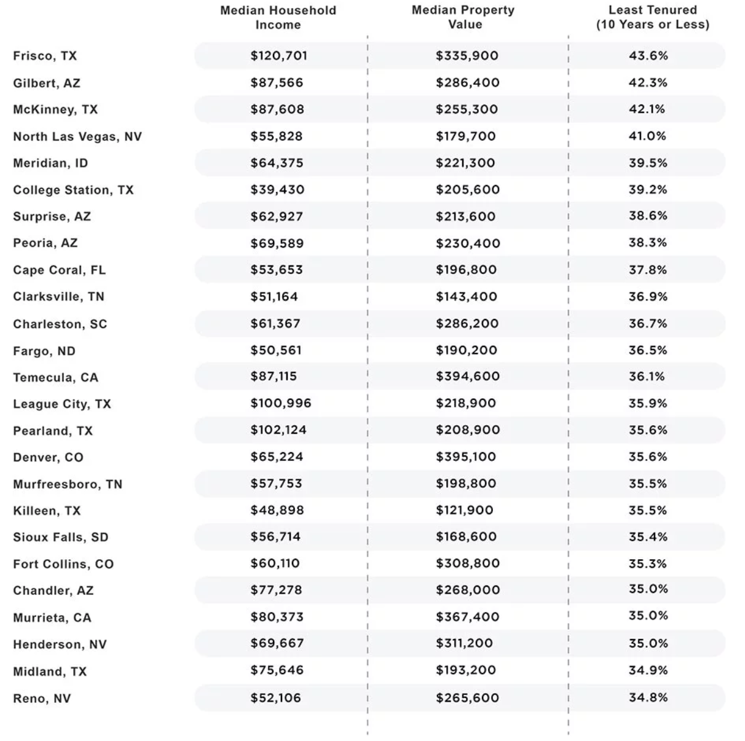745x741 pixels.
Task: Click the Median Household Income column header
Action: [x=278, y=17]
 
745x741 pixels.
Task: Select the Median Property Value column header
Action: [x=463, y=17]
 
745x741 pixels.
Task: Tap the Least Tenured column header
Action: [x=653, y=17]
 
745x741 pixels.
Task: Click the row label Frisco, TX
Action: [x=45, y=56]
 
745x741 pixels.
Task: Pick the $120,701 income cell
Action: [x=278, y=56]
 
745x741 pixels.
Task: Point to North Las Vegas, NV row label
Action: [x=77, y=137]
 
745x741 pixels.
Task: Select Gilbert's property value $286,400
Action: [x=467, y=83]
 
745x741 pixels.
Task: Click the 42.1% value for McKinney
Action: [x=647, y=109]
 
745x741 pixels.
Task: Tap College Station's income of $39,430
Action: [x=277, y=190]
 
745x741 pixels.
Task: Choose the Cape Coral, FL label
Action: [x=59, y=270]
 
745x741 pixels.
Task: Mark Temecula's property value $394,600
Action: [x=467, y=376]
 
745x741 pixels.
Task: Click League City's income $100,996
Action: [x=281, y=403]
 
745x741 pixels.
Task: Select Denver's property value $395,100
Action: [x=465, y=457]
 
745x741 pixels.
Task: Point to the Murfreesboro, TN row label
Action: [x=68, y=484]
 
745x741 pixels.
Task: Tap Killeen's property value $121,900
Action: [x=464, y=510]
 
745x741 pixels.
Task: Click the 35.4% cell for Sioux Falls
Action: [x=648, y=537]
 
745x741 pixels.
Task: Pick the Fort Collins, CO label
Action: [x=63, y=564]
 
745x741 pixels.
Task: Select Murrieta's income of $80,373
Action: [x=277, y=617]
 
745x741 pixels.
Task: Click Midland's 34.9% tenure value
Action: [x=648, y=670]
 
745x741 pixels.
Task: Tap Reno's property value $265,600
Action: [x=467, y=698]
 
